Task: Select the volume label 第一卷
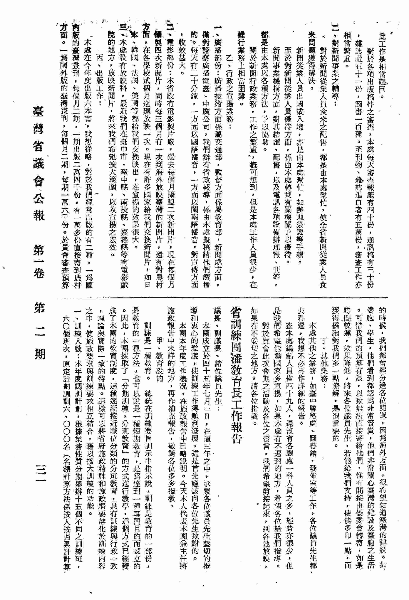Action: coord(39,261)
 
